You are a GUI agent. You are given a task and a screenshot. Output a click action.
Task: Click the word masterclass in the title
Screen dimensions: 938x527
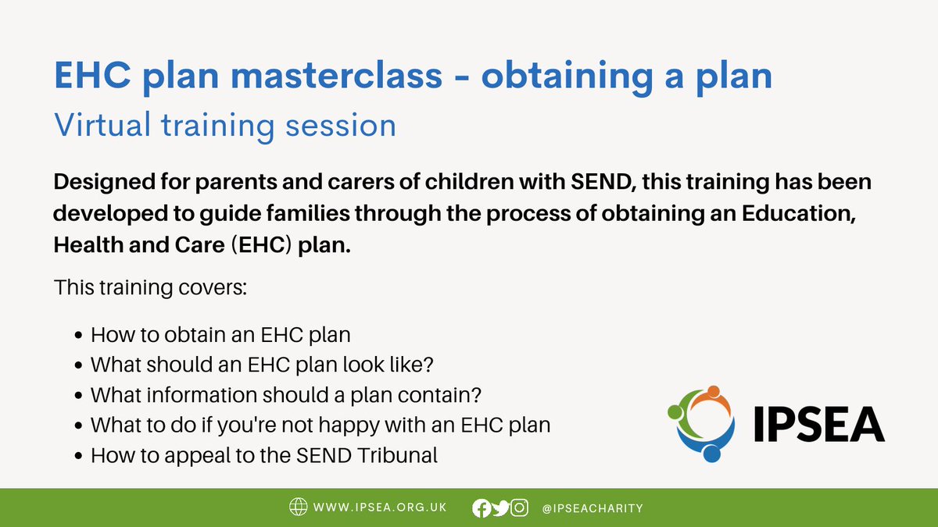coord(337,76)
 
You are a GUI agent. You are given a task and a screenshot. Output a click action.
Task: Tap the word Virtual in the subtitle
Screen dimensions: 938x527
coord(102,125)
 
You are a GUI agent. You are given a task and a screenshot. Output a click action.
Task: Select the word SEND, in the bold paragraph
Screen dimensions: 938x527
coord(603,182)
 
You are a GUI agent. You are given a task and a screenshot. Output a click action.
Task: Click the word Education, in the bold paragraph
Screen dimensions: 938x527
coord(799,213)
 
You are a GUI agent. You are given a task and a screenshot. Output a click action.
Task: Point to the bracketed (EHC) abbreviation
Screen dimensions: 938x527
coord(261,244)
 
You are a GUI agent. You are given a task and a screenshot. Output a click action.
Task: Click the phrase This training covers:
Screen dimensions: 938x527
coord(150,288)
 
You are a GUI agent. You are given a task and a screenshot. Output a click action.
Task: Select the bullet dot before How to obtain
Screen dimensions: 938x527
coord(78,336)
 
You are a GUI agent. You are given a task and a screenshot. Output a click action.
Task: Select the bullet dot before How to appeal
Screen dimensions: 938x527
coord(78,455)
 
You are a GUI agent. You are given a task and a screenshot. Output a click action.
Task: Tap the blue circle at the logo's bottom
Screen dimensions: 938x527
coord(711,454)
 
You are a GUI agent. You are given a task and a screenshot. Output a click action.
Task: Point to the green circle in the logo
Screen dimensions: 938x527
coord(675,412)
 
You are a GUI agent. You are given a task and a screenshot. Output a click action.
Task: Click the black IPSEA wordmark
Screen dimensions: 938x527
coord(819,424)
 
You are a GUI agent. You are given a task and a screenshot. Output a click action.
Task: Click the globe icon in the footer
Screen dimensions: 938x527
coord(298,507)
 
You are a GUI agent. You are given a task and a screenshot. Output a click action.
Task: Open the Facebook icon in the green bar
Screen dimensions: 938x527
coord(482,508)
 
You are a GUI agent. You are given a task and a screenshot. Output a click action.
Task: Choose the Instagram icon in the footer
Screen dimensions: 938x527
coord(519,507)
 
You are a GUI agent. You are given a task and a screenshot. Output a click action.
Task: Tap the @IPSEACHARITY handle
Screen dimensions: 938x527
coord(593,508)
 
